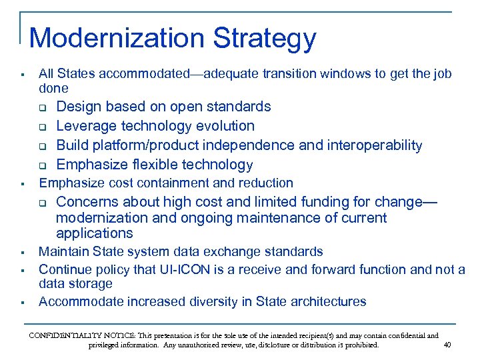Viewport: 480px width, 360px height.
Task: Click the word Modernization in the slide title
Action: pos(117,38)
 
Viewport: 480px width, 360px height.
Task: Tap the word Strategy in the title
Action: pos(265,39)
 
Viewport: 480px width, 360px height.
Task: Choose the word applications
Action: pos(94,233)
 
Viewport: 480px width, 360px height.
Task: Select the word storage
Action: pos(90,284)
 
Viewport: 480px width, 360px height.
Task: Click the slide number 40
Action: pos(447,345)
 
